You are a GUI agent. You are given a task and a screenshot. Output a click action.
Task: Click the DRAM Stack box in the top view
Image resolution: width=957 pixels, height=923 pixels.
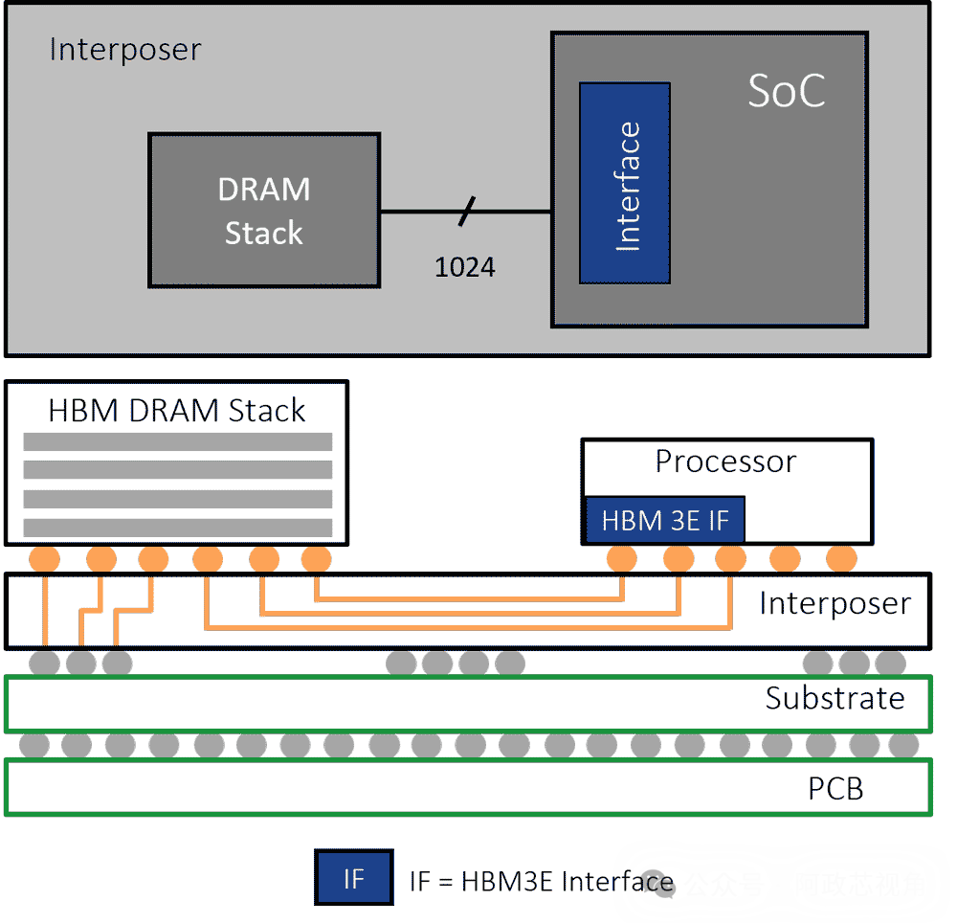[264, 211]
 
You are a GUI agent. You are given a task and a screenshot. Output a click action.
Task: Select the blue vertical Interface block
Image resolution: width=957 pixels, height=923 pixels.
[624, 183]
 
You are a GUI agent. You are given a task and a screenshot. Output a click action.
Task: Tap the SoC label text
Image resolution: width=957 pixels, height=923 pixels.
[786, 91]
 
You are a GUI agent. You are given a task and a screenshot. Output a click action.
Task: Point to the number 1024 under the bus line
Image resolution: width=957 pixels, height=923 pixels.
[465, 267]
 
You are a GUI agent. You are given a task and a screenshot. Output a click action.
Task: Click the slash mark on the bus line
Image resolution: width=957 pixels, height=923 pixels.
[466, 212]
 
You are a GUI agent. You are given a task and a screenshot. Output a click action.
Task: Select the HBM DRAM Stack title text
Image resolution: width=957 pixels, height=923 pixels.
[177, 411]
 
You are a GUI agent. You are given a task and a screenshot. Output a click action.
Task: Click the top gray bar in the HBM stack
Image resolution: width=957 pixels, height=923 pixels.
[177, 441]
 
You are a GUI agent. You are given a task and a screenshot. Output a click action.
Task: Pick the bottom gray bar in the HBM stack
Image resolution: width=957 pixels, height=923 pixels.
[177, 528]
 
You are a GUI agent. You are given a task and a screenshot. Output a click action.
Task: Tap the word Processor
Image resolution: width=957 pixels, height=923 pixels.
[725, 461]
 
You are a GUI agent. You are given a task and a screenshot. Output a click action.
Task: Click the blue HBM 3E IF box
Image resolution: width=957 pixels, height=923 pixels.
[664, 521]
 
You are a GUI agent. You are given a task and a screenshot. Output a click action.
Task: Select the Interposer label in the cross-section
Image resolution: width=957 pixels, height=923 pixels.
[835, 604]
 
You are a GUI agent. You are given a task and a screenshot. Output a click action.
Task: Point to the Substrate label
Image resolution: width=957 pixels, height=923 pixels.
[835, 698]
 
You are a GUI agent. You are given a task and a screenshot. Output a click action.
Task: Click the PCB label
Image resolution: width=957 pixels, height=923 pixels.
[835, 788]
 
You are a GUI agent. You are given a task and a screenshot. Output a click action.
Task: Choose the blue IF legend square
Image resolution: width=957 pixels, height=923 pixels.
[353, 877]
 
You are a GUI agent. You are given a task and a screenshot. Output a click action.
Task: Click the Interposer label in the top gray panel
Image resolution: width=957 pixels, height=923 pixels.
[125, 50]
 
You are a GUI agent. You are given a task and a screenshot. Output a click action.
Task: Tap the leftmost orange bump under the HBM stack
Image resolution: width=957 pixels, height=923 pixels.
[44, 558]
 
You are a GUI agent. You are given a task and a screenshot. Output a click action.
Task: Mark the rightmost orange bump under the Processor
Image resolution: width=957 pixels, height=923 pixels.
[841, 558]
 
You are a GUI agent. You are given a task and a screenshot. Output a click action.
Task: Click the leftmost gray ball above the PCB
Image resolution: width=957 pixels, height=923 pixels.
[34, 744]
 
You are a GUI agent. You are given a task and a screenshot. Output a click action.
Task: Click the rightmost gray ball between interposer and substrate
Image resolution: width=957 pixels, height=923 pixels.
[891, 662]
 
